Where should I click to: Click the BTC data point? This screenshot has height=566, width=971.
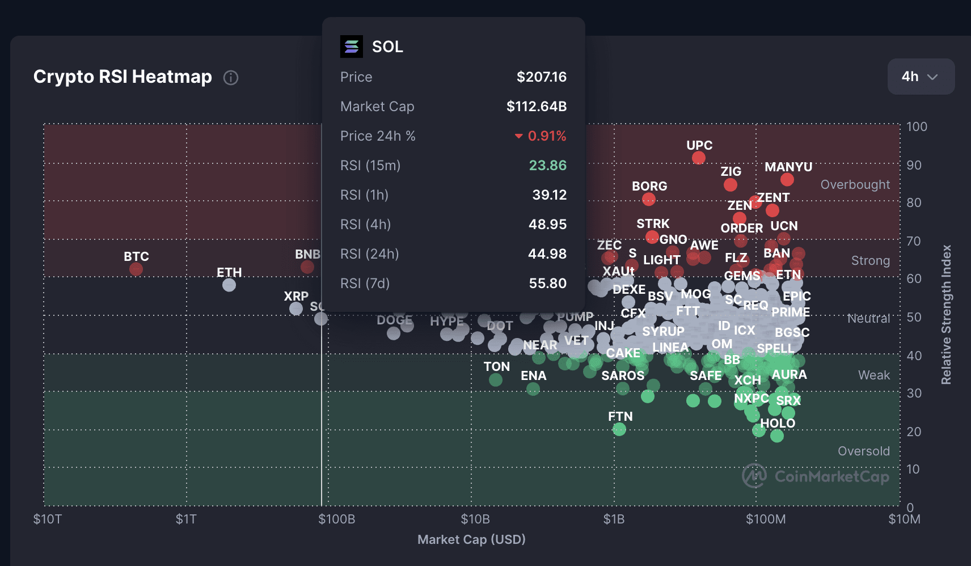click(136, 269)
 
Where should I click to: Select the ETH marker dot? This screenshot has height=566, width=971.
click(229, 285)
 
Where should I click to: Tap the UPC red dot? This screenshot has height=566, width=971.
click(699, 158)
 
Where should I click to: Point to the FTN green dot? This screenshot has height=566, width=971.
click(619, 429)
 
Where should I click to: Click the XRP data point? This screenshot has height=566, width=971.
click(296, 309)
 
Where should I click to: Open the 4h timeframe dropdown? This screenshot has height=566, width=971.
click(921, 77)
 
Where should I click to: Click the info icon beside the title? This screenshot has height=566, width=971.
click(231, 78)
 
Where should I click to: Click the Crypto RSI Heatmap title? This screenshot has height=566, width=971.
click(123, 77)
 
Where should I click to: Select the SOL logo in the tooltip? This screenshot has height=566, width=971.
click(352, 47)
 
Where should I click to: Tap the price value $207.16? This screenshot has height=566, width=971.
click(541, 77)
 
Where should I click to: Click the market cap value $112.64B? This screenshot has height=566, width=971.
click(536, 107)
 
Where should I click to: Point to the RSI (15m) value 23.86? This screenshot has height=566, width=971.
click(547, 166)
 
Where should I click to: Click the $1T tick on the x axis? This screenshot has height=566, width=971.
click(186, 519)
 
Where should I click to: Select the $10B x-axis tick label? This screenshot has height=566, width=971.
click(475, 519)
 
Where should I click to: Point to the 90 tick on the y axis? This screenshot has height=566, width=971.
click(914, 165)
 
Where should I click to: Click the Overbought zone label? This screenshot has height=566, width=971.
click(855, 185)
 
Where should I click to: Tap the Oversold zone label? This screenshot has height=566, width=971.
click(863, 451)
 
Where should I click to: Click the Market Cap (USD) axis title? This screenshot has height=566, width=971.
click(471, 539)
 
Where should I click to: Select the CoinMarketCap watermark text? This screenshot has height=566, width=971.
click(831, 476)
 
